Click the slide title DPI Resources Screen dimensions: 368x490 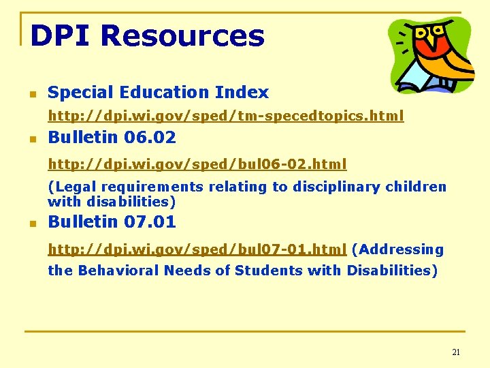(147, 35)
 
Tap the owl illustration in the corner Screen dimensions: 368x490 (430, 55)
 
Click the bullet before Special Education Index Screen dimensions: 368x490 (31, 93)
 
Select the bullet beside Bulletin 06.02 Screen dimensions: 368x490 (31, 138)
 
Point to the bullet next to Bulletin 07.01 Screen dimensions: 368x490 (31, 223)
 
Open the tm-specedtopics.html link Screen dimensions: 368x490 (225, 116)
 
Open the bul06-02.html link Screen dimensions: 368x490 (197, 164)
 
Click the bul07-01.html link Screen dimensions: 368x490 (197, 249)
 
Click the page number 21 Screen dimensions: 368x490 (456, 352)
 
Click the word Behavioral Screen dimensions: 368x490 (120, 271)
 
